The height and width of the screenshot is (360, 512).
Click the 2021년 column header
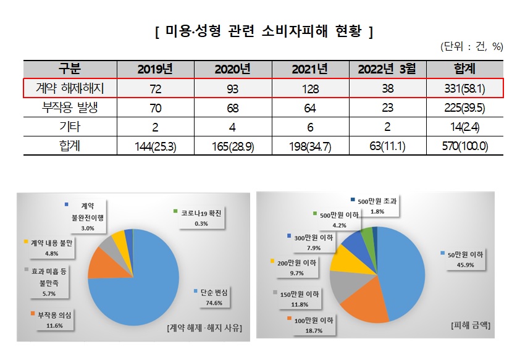302,69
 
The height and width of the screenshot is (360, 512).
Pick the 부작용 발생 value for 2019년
150,109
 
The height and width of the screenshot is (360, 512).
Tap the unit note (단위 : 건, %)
472,47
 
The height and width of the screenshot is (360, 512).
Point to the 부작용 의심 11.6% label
51,319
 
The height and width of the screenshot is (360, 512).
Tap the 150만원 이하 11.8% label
298,299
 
